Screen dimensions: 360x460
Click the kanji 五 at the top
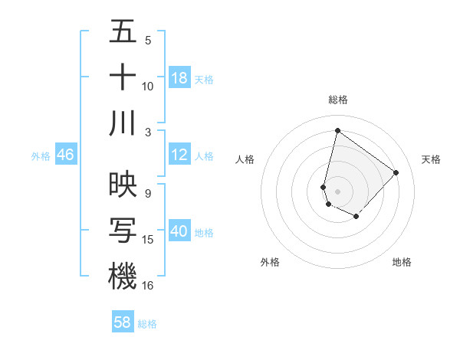(x=123, y=31)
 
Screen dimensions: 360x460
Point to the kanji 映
(x=123, y=185)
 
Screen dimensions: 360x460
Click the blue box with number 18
(x=179, y=79)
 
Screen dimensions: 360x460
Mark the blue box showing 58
(x=123, y=322)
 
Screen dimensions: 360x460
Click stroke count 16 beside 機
(x=148, y=285)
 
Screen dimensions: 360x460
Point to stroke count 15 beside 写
(x=148, y=240)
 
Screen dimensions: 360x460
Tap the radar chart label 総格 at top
(x=338, y=100)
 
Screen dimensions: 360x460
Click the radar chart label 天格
(x=431, y=159)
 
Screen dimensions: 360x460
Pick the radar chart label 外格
(x=270, y=262)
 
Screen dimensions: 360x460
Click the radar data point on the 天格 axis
(x=396, y=172)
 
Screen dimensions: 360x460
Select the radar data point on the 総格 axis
(x=337, y=130)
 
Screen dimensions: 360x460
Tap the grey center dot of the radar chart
(x=337, y=191)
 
